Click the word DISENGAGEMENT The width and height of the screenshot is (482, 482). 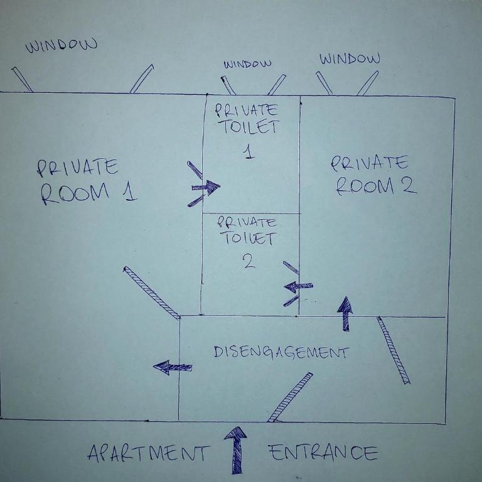click(281, 353)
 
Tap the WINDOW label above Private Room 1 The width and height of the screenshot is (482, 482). click(62, 45)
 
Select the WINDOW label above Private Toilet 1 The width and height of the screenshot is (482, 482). click(247, 64)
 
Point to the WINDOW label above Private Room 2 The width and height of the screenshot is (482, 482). click(350, 59)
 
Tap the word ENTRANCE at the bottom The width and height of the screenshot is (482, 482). click(323, 453)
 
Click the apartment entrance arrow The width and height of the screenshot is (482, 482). click(236, 450)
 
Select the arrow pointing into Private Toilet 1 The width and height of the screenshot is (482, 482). click(206, 187)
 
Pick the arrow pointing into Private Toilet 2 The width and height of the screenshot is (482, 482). click(298, 286)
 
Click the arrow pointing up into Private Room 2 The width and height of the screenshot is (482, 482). click(345, 314)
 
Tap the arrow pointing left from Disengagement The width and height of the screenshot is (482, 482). click(173, 367)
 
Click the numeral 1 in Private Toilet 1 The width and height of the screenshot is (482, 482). click(249, 152)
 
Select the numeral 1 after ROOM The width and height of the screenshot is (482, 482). click(130, 191)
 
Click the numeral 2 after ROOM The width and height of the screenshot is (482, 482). click(409, 185)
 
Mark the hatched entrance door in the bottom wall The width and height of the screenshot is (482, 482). click(290, 397)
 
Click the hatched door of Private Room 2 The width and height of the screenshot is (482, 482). click(394, 350)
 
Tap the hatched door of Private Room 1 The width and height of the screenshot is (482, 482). click(151, 292)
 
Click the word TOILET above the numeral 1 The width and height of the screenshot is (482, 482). click(250, 127)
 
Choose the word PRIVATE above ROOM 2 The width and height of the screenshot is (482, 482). click(370, 163)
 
